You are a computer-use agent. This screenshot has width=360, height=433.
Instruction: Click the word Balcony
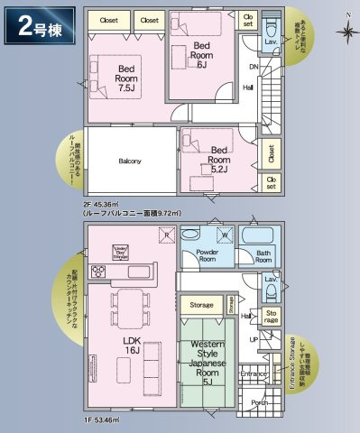tap(130, 161)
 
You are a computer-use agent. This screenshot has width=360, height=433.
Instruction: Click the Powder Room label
tap(197, 253)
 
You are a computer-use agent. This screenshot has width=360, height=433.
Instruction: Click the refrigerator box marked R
tap(165, 235)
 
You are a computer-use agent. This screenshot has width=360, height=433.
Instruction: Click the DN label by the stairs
tap(254, 67)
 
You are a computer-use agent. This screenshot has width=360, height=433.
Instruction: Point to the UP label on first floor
tap(254, 339)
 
